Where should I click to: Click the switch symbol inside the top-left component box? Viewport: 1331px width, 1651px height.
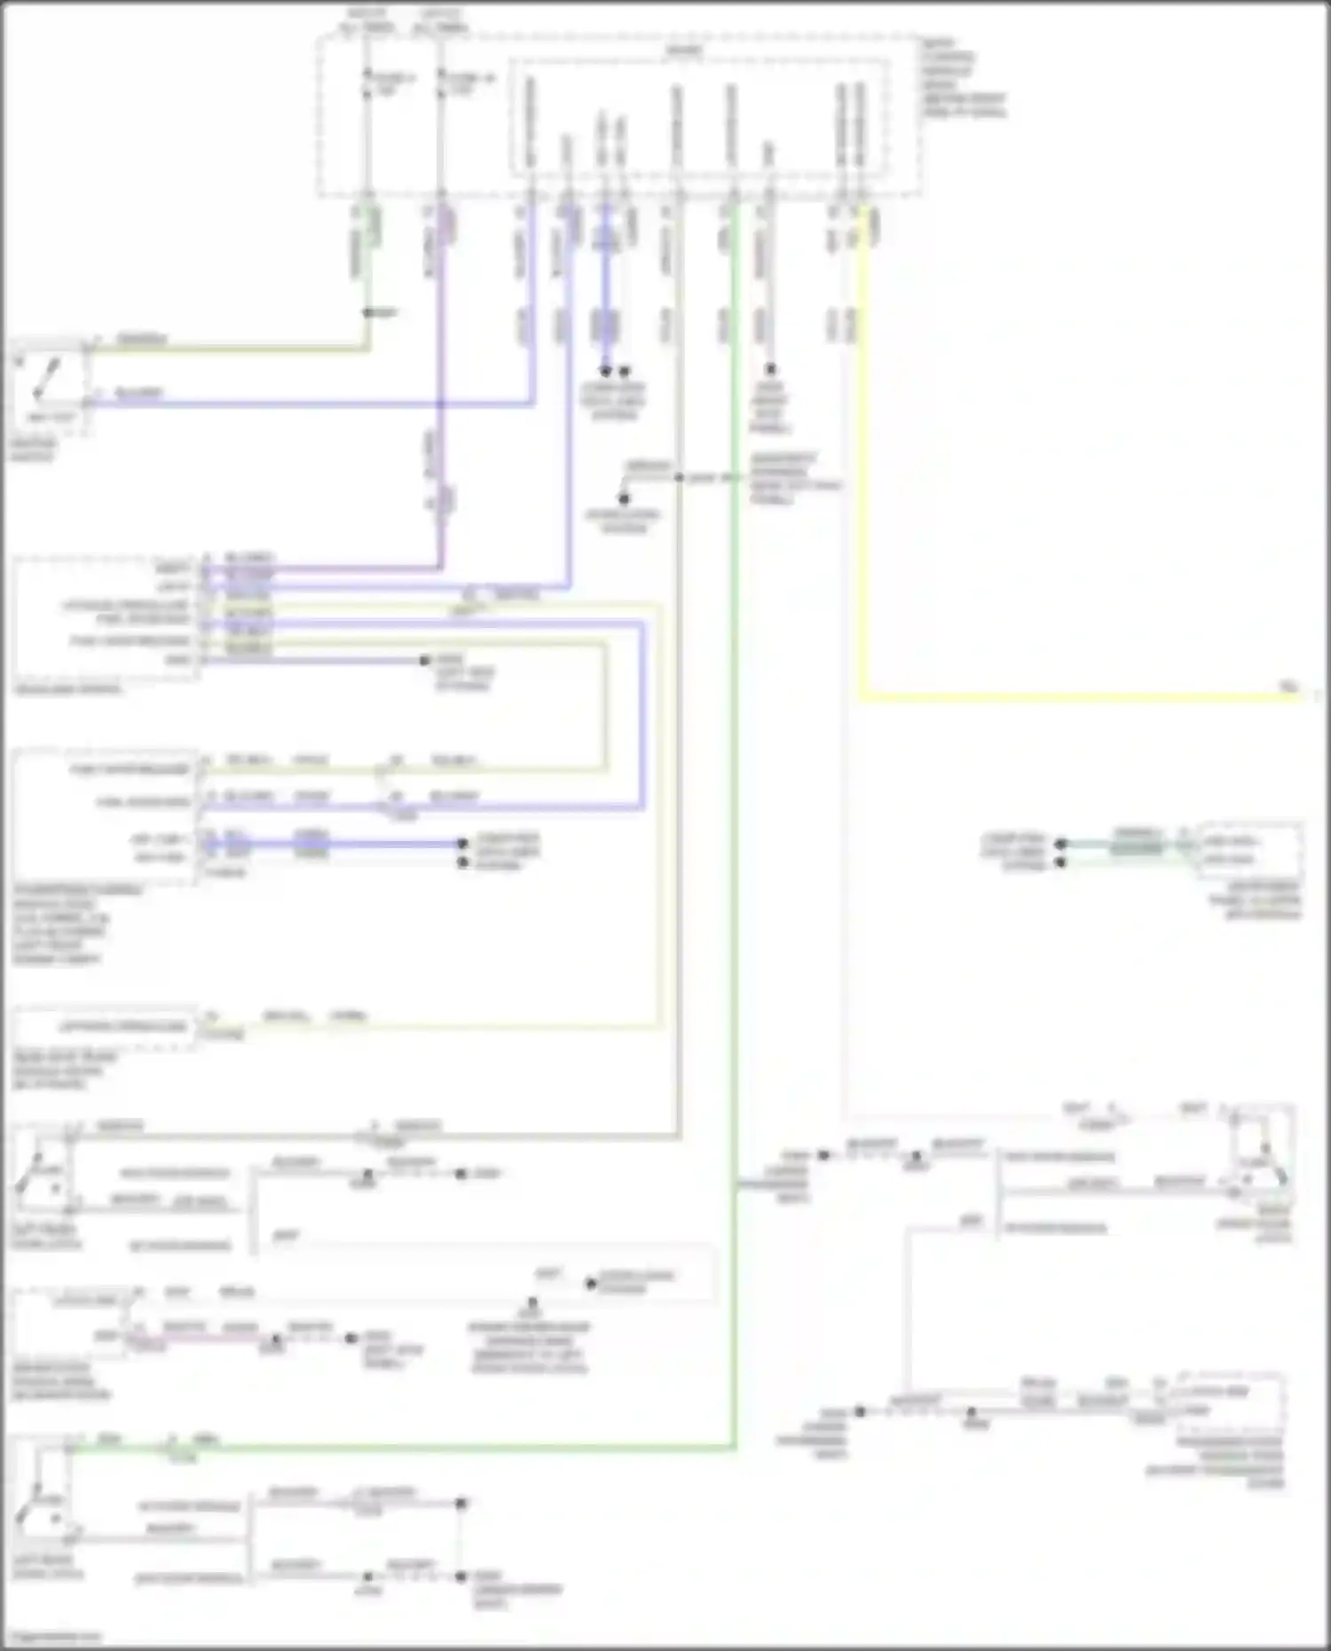point(46,379)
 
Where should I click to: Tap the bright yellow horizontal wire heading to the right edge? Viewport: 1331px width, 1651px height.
point(1065,697)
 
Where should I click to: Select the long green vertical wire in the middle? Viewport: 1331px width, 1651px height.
point(735,798)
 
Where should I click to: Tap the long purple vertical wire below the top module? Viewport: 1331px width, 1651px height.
point(441,399)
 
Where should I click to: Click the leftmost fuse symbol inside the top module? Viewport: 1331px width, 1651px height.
point(367,84)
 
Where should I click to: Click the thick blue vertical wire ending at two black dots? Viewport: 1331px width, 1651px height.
point(606,293)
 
